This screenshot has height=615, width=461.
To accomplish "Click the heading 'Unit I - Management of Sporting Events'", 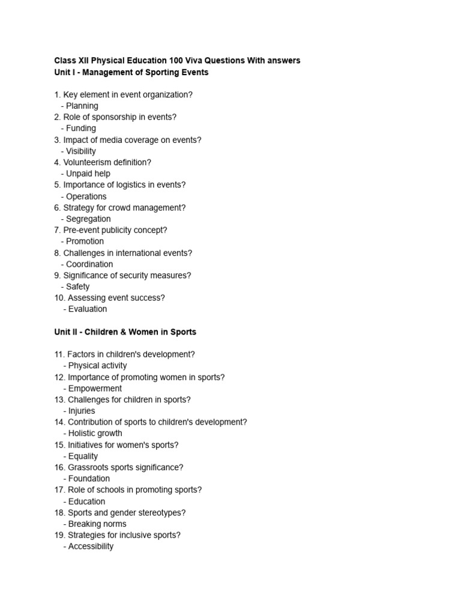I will click(x=131, y=72).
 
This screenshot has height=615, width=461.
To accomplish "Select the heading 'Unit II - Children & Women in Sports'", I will click(x=125, y=332).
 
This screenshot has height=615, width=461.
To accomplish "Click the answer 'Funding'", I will click(x=80, y=128).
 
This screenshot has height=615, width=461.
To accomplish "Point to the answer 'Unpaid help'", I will click(x=88, y=174).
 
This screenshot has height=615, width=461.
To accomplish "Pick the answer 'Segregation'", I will click(x=88, y=219).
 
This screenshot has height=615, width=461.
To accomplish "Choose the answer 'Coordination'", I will click(x=89, y=264).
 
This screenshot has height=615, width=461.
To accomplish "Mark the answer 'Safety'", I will click(x=77, y=286).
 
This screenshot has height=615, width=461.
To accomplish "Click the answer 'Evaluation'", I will click(x=87, y=309).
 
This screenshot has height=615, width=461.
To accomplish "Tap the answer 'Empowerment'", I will click(x=94, y=388).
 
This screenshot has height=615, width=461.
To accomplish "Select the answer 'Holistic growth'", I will click(x=95, y=433).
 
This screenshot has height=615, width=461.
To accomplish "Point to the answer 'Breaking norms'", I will click(x=97, y=524).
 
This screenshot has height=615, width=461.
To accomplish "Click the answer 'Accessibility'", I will click(x=90, y=547).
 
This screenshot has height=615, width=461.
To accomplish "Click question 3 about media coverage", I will click(x=128, y=139).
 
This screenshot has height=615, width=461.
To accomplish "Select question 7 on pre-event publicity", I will click(x=110, y=230).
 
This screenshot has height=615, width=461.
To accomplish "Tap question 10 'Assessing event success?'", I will click(x=109, y=297).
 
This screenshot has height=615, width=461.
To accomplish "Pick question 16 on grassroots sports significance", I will click(x=119, y=467).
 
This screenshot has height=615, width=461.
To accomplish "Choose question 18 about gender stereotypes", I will click(x=120, y=512).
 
